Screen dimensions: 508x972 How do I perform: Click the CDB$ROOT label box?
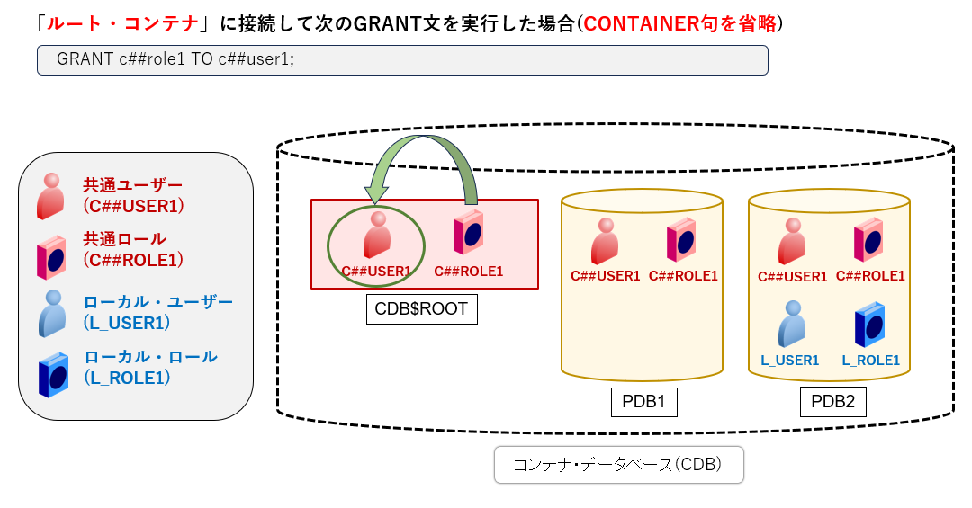[x=421, y=309]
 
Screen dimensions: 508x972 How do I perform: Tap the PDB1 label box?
[x=643, y=402]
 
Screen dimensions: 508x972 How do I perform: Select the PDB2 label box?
[x=832, y=402]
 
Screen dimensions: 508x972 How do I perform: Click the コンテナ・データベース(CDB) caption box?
[x=618, y=465]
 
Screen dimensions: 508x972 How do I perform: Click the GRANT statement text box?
[x=401, y=60]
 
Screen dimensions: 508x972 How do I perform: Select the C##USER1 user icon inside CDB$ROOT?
[x=377, y=236]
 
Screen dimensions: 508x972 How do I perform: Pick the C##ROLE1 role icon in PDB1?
[x=682, y=240]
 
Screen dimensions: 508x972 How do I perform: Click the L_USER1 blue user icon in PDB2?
[x=791, y=324]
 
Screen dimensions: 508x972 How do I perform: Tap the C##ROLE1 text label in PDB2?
[x=870, y=276]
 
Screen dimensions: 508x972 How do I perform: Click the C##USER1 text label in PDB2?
[x=792, y=277]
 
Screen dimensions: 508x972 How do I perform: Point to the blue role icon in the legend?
[x=53, y=374]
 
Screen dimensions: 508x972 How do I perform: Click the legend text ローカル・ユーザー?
[x=157, y=301]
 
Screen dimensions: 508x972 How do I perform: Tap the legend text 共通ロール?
[x=124, y=239]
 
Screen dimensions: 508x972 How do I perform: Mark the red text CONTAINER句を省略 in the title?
[x=679, y=23]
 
